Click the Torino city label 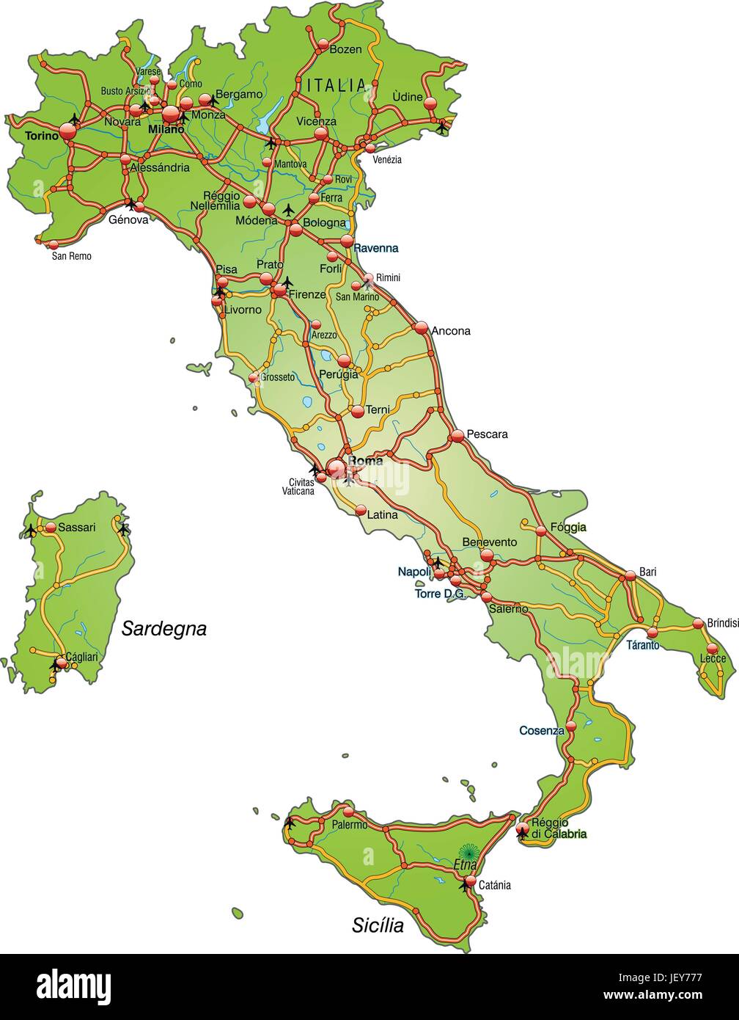pos(40,136)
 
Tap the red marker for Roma pos(336,468)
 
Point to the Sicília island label pos(378,925)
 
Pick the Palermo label pos(349,825)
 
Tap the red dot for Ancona pos(421,328)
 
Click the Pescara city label pos(487,434)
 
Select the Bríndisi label pos(722,623)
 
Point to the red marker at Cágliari pos(62,663)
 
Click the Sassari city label pos(76,527)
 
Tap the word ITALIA pos(336,85)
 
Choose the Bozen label pos(345,49)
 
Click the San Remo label pos(71,256)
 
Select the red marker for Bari pos(629,575)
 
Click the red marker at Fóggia pos(541,530)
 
